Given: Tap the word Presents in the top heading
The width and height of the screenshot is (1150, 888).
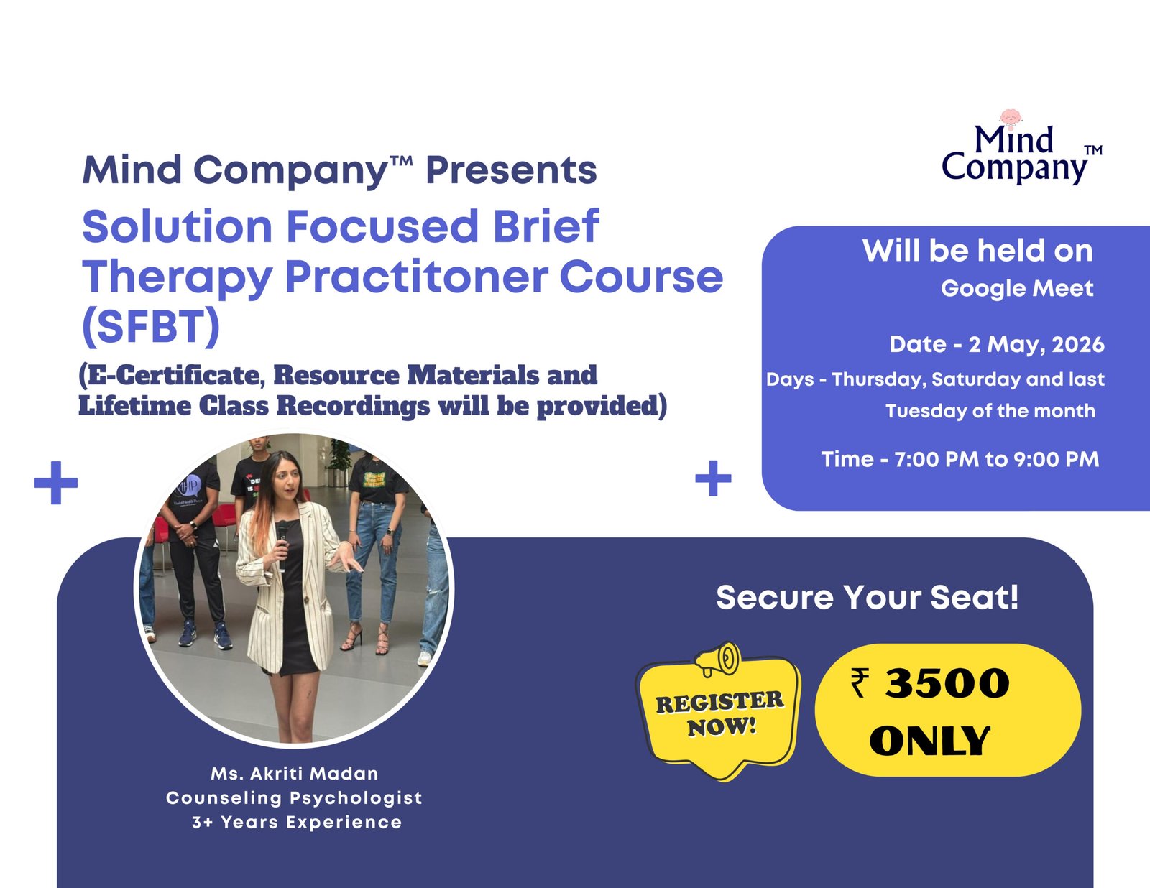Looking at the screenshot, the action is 511,170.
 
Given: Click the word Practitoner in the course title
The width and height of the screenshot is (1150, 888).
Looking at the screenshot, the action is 416,277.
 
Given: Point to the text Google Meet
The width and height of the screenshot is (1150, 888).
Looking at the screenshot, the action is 1016,288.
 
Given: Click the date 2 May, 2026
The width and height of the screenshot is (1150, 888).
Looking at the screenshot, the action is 1036,345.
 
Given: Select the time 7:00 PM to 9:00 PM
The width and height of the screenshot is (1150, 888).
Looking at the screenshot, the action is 996,459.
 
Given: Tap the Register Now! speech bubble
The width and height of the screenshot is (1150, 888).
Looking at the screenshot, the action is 719,716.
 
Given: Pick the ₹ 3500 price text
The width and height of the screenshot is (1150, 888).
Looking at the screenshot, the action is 930,683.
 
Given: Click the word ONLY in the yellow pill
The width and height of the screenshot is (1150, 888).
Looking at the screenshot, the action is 929,741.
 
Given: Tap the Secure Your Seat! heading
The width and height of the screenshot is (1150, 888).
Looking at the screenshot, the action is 867,598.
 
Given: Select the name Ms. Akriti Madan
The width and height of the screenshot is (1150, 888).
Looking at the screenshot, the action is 295,774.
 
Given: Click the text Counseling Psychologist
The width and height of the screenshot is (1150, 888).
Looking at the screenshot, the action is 294,798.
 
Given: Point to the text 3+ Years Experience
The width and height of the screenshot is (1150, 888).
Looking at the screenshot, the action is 297,823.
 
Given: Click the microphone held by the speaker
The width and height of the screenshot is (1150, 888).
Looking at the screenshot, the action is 282,545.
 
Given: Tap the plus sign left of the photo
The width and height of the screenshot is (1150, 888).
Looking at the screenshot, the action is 56,483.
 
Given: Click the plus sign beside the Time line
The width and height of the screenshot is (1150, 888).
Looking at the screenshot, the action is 713,478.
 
